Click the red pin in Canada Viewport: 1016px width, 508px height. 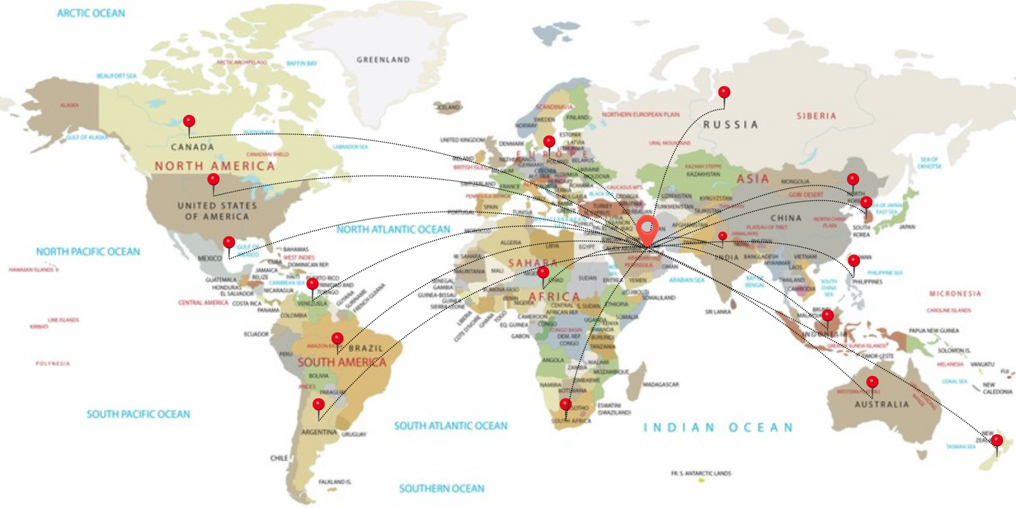(x=189, y=121)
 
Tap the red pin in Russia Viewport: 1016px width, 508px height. (x=724, y=93)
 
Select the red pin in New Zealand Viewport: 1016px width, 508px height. (x=997, y=441)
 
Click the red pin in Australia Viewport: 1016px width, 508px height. (x=872, y=382)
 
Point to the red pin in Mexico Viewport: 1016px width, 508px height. (x=229, y=243)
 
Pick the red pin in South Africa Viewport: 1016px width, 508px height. (x=565, y=404)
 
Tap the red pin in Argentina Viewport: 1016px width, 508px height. (x=319, y=404)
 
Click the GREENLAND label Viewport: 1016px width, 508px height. (x=383, y=60)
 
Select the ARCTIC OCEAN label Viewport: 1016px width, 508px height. (x=91, y=13)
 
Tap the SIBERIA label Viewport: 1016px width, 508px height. (x=816, y=116)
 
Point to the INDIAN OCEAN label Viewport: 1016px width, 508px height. (x=718, y=427)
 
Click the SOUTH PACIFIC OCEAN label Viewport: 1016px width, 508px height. (x=138, y=414)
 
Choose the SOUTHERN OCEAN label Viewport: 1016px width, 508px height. (x=441, y=488)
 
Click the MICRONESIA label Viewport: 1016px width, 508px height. (x=954, y=294)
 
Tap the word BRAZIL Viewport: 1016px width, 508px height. (x=366, y=348)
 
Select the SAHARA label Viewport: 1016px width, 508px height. (x=532, y=263)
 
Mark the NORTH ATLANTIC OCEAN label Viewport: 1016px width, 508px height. (x=393, y=229)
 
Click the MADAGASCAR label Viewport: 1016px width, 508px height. (x=660, y=384)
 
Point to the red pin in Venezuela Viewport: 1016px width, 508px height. (x=312, y=284)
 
